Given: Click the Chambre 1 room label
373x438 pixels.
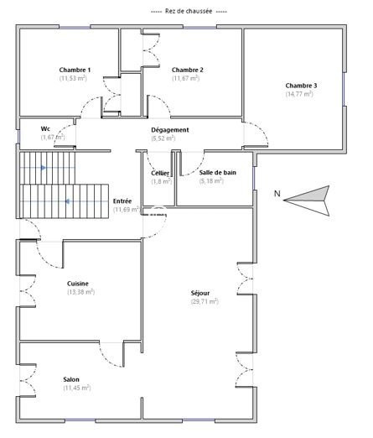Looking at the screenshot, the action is coord(75,70).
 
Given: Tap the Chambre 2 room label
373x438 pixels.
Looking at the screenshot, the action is coord(188,70).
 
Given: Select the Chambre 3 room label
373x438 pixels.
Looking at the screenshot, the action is coord(301,86).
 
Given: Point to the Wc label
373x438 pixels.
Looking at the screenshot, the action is coord(45,128).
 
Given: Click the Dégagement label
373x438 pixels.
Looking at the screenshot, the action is coord(170,130).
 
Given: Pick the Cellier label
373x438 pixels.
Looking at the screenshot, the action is coord(160,174).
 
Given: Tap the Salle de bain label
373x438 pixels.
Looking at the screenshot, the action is coord(218,173).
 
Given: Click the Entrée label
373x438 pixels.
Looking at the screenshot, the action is coord(122,201).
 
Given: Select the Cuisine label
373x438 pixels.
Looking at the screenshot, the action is coord(78,284).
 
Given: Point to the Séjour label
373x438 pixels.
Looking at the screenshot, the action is coord(200,293).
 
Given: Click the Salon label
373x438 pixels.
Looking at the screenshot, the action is coord(71,379).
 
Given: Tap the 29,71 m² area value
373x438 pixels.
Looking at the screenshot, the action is coord(205,301).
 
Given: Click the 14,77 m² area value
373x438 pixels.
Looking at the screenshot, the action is coord(299,94).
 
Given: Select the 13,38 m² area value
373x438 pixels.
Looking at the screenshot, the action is coord(81,292).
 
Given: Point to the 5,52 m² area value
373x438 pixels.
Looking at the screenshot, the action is coord(163,138).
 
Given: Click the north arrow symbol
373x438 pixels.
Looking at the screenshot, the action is coord(306,201).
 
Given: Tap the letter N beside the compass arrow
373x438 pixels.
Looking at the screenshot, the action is coord(277,194).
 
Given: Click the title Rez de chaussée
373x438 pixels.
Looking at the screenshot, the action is coord(189,12).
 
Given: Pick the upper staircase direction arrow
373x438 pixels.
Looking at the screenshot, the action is coord(44,168).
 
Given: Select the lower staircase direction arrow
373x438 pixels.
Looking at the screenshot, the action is coord(68,201).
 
